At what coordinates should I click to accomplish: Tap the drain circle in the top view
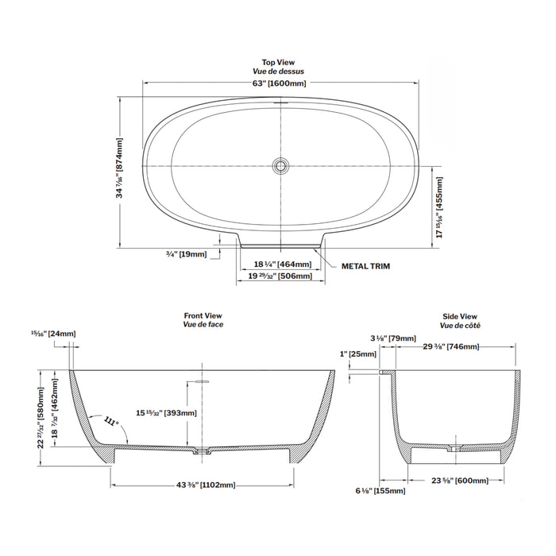click(x=279, y=165)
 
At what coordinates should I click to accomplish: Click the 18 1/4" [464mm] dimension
click(x=282, y=264)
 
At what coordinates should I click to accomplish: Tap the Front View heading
click(x=203, y=316)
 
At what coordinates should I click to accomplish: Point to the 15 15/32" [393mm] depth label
click(x=166, y=412)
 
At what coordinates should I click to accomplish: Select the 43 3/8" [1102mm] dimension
click(x=202, y=485)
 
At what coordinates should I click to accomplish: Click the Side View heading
click(x=460, y=316)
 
